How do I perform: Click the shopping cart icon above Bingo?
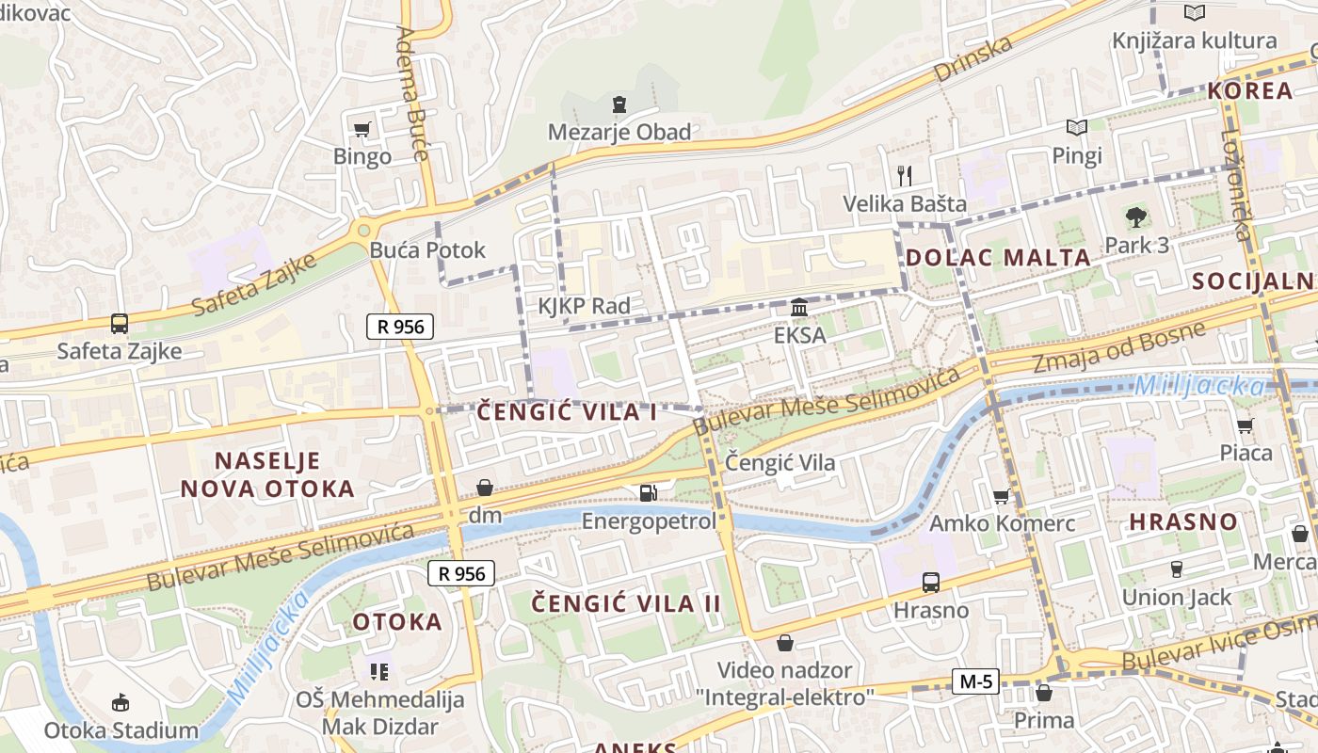tap(362, 129)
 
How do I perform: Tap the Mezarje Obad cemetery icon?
tap(619, 104)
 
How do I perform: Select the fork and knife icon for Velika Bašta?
tap(905, 175)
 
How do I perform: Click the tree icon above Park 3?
tap(1136, 217)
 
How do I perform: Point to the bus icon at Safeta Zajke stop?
tap(120, 324)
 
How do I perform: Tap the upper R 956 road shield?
tap(401, 327)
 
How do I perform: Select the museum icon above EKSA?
tap(799, 307)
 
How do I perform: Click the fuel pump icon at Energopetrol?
tap(648, 492)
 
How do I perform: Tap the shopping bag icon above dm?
tap(485, 488)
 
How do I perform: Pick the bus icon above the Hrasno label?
tap(930, 582)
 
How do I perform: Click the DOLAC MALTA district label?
tap(998, 257)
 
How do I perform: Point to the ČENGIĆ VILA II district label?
tap(626, 603)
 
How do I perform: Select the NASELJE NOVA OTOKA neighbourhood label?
tap(267, 474)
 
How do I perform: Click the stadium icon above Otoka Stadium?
tap(121, 702)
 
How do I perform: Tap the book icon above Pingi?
tap(1076, 127)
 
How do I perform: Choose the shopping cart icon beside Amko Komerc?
tap(1002, 496)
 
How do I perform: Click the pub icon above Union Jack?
tap(1176, 569)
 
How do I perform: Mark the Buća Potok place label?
tap(427, 249)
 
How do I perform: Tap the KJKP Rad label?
tap(584, 306)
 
